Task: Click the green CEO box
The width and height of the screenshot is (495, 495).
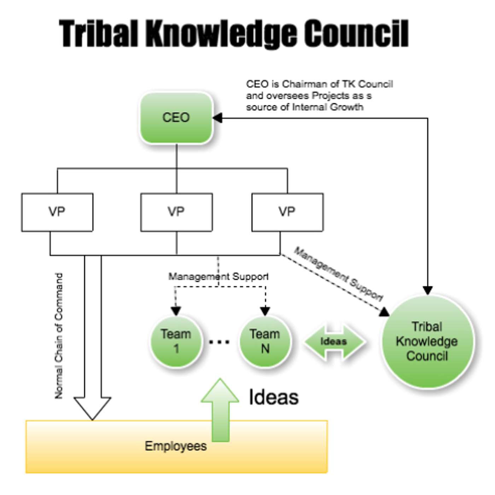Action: click(x=176, y=118)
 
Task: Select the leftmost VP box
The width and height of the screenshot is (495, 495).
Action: click(x=57, y=212)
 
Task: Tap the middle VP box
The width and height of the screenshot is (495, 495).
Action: click(x=176, y=212)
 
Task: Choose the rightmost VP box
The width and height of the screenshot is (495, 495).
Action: click(x=287, y=212)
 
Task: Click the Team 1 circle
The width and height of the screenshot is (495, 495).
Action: click(x=176, y=341)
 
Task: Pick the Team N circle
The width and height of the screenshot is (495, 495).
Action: click(x=265, y=341)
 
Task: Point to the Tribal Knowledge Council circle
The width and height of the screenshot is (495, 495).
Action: click(x=427, y=341)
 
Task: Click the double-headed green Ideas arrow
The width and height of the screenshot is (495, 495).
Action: click(x=334, y=342)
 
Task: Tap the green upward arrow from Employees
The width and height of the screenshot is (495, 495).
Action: click(x=220, y=410)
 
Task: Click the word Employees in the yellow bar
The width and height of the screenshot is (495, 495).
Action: click(x=176, y=446)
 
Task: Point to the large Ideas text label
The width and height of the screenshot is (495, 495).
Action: click(x=274, y=397)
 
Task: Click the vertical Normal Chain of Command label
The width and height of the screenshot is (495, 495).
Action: click(x=59, y=336)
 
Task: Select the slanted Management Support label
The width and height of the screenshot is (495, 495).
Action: click(x=339, y=274)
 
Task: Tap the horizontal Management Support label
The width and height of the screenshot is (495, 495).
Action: click(x=218, y=276)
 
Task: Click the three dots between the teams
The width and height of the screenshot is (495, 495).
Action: click(x=219, y=342)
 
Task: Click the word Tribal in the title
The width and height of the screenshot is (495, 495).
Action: click(x=98, y=34)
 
